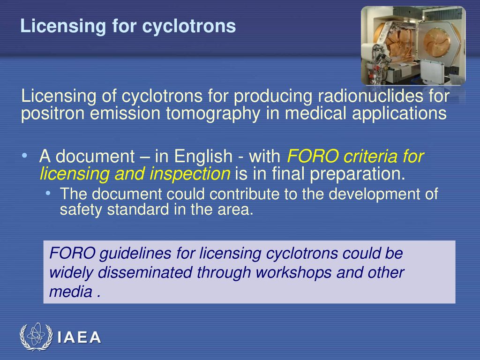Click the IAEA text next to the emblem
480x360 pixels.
(x=79, y=337)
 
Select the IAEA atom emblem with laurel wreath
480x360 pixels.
(x=36, y=337)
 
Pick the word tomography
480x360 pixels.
(x=213, y=114)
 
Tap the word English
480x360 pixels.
(x=203, y=156)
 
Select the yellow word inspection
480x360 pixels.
(x=190, y=174)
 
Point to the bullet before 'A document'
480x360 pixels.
(x=24, y=156)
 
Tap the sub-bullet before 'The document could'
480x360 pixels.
(x=48, y=193)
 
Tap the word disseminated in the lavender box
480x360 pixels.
(x=145, y=272)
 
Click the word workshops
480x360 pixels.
(x=293, y=272)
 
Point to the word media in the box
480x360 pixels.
(x=71, y=292)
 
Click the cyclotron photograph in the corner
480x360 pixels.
(x=413, y=45)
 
